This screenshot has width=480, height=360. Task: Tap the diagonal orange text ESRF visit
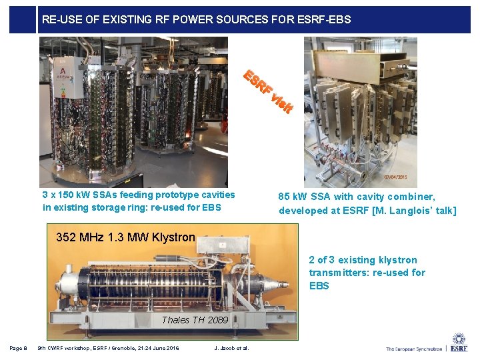click(267, 91)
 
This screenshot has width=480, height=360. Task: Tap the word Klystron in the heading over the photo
click(173, 237)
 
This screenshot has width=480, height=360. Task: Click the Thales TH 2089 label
click(195, 320)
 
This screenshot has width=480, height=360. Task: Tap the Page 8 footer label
click(18, 348)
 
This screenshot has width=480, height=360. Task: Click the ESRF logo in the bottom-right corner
click(459, 343)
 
